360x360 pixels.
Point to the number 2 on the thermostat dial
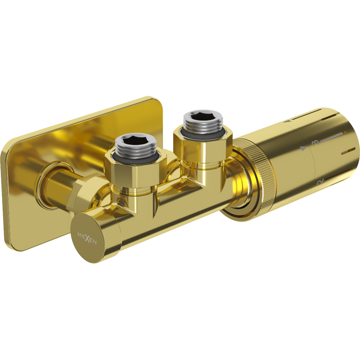(x=320, y=182)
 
